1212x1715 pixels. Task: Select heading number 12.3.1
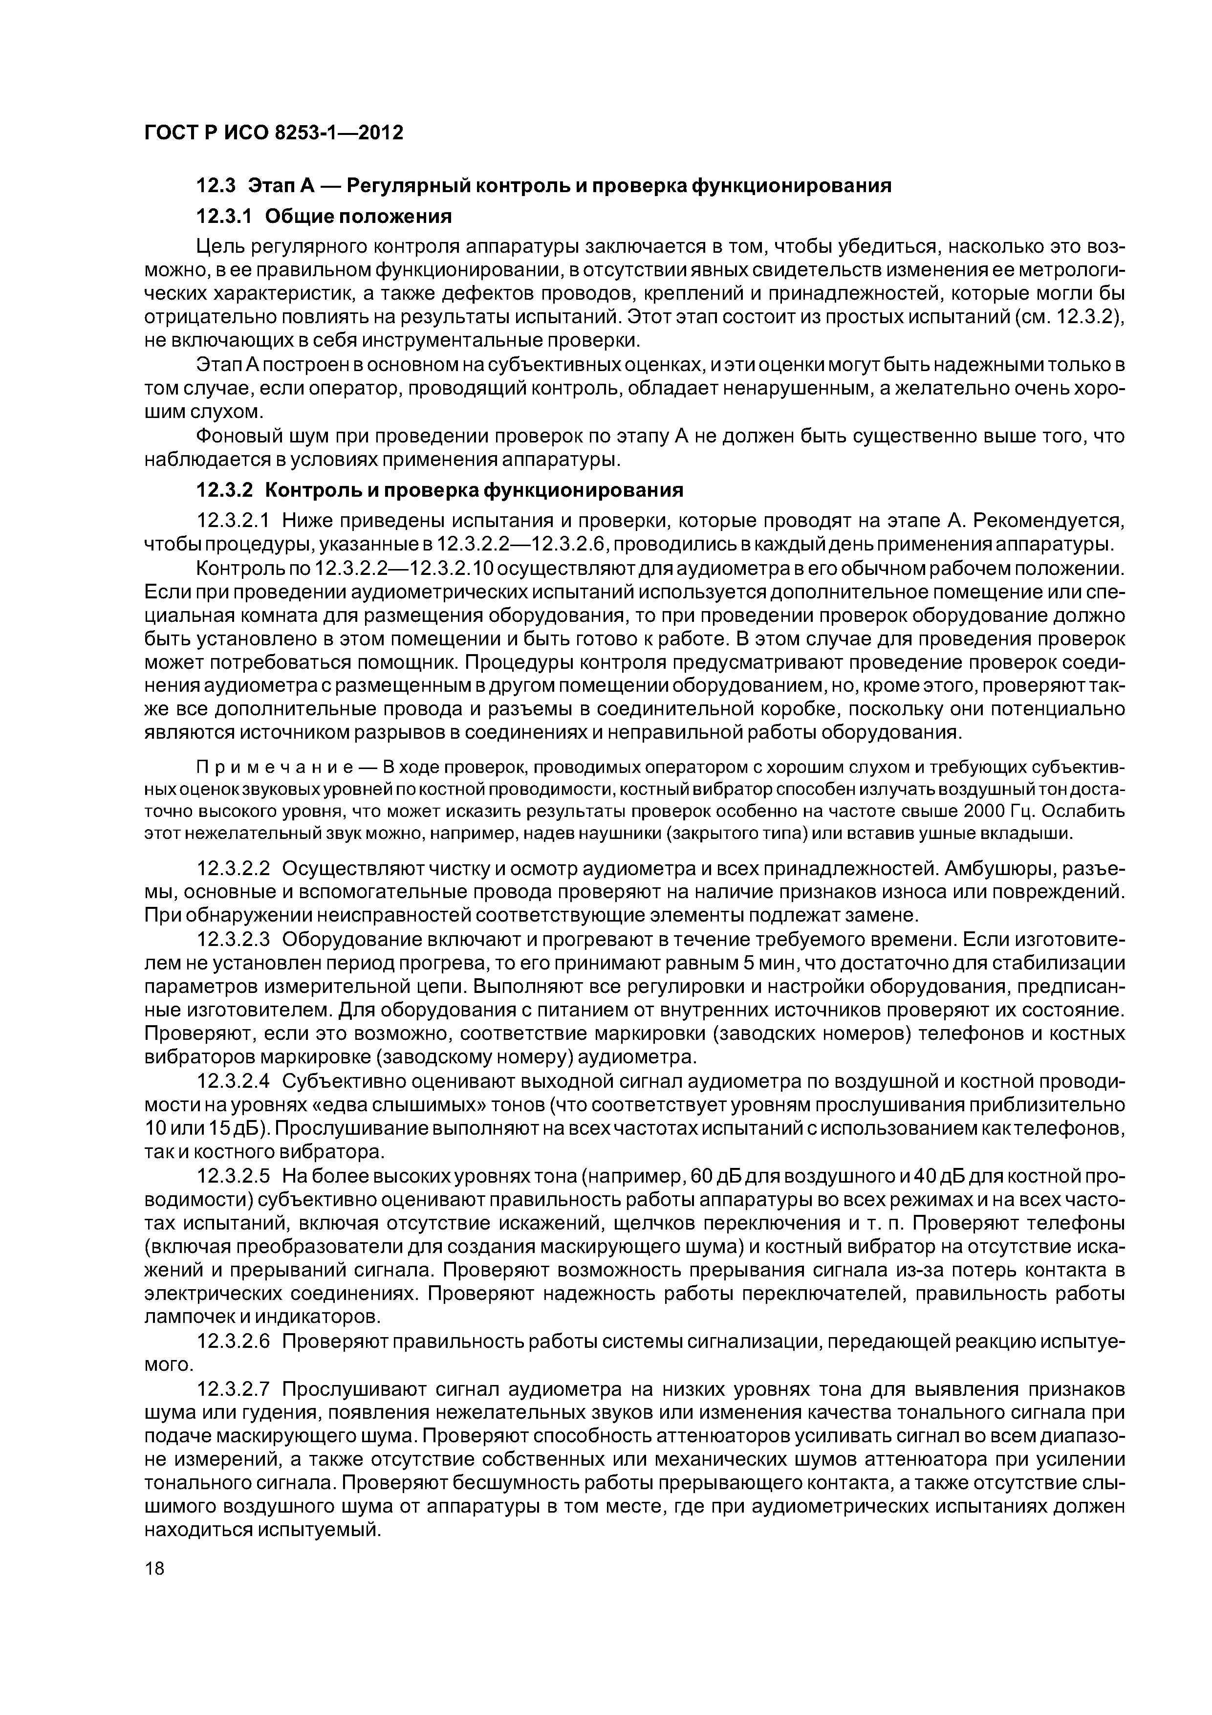224,217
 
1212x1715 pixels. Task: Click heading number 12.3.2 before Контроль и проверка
224,490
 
